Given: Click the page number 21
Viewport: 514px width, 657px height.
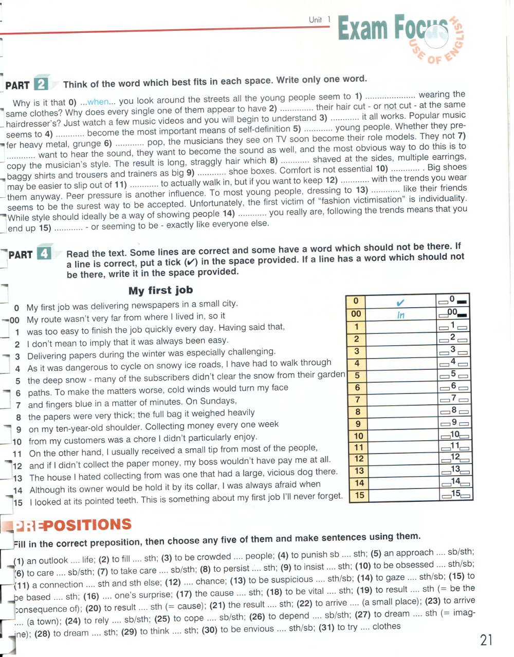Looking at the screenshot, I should coord(486,640).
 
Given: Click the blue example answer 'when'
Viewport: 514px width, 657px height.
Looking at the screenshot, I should coord(98,102).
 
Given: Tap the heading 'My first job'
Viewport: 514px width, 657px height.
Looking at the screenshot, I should coord(160,290).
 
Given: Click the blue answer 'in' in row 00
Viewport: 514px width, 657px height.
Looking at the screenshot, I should coord(401,314).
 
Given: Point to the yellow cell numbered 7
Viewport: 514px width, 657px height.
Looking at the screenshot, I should coord(357,399).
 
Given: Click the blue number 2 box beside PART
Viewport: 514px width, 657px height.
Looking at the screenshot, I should coord(41,84).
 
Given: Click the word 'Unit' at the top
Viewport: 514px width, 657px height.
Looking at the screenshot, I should coord(315,20).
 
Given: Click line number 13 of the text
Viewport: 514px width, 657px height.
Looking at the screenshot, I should coord(17,478).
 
